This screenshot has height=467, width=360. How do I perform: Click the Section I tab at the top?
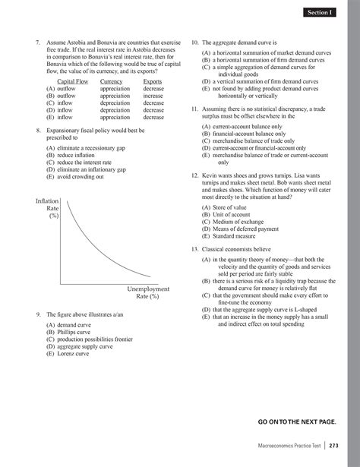pyautogui.click(x=320, y=13)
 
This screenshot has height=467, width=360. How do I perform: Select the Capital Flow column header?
pyautogui.click(x=73, y=80)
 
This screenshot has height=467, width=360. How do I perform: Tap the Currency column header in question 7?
pyautogui.click(x=111, y=80)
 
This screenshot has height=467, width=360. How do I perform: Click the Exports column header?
pyautogui.click(x=153, y=80)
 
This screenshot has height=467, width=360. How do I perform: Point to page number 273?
pyautogui.click(x=333, y=446)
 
